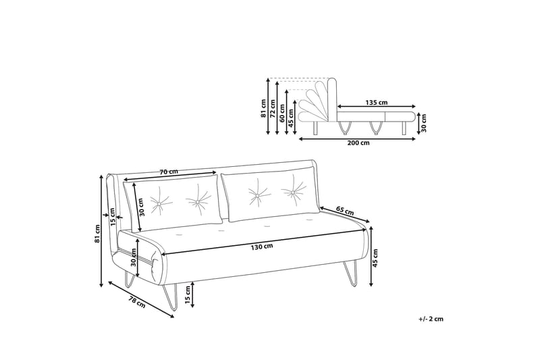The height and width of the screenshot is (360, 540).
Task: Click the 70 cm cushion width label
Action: pyautogui.click(x=169, y=172)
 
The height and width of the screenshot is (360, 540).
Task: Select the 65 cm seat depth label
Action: pyautogui.click(x=345, y=211)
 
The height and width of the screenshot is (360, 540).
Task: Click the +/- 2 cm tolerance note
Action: pyautogui.click(x=430, y=318)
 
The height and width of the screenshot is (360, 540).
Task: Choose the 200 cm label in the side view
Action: pyautogui.click(x=358, y=143)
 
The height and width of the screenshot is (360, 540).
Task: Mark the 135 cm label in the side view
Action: pyautogui.click(x=376, y=103)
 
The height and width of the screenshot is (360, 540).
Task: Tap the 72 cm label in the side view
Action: pyautogui.click(x=273, y=109)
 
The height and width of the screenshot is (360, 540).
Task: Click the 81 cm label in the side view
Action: pyautogui.click(x=263, y=108)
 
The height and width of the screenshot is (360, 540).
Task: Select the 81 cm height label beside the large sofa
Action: pyautogui.click(x=97, y=233)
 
